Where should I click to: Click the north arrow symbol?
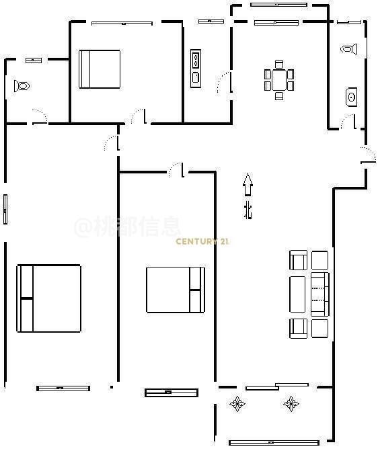(x=248, y=185)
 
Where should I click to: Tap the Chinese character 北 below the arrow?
(x=248, y=210)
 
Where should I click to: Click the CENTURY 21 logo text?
(x=202, y=241)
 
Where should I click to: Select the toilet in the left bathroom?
(x=22, y=86)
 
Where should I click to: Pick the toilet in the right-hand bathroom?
(x=349, y=49)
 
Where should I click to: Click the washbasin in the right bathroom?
(x=351, y=97)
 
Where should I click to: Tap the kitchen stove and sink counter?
(x=196, y=69)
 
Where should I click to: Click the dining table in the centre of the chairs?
(x=279, y=80)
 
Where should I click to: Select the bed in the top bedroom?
(x=100, y=69)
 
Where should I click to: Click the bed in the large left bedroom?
(x=49, y=298)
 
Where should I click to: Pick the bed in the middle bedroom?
(x=176, y=290)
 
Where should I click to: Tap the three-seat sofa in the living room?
(x=320, y=294)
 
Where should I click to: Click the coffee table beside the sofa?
(x=297, y=294)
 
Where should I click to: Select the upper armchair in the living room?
(x=298, y=260)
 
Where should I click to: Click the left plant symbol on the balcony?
(x=237, y=403)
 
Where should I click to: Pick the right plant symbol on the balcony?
(x=291, y=403)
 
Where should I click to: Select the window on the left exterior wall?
(x=5, y=210)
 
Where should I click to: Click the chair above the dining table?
(x=279, y=64)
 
